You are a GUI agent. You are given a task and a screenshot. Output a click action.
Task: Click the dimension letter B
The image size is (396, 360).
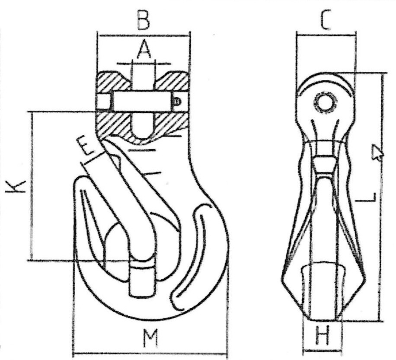point(143,19)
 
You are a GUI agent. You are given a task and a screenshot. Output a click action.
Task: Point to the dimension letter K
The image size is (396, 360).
point(16,187)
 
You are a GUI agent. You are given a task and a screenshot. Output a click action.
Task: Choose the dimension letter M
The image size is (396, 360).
point(151,338)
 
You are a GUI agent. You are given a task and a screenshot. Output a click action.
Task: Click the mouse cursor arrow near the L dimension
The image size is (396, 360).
point(377,152)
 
